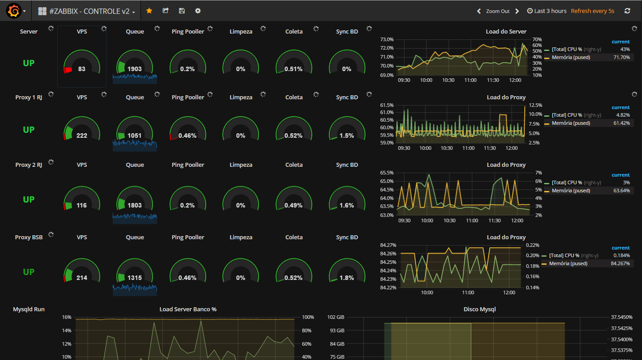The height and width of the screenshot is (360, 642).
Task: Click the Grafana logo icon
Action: [x=13, y=11]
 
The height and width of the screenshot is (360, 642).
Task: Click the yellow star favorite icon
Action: [x=149, y=11]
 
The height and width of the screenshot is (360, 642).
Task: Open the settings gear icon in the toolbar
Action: [x=198, y=11]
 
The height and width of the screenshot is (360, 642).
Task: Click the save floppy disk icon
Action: [x=182, y=11]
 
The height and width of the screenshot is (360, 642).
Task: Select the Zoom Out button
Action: [x=497, y=11]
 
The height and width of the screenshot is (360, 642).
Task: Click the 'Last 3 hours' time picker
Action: [x=547, y=11]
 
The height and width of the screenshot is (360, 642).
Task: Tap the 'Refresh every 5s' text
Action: [x=592, y=11]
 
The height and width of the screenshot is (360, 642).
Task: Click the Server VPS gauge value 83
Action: [x=82, y=69]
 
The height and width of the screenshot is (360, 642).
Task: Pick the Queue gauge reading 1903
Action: [x=134, y=69]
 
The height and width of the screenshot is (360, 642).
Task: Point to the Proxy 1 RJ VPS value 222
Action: [x=82, y=136]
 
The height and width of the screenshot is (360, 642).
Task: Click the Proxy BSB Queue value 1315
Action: [x=134, y=278]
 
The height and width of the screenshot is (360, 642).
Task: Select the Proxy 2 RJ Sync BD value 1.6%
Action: [x=347, y=205]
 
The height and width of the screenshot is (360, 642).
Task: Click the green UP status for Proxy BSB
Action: [x=29, y=272]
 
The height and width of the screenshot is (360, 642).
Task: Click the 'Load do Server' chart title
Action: [x=506, y=31]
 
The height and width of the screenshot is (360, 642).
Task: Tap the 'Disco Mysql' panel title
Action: [x=480, y=309]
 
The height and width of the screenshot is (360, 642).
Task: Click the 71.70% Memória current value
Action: [x=621, y=57]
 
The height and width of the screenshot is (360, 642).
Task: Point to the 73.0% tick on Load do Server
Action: [x=387, y=39]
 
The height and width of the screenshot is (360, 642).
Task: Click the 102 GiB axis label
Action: [x=336, y=317]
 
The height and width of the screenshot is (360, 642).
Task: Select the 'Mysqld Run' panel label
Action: [x=29, y=309]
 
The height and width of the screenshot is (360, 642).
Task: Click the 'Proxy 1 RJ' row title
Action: [x=29, y=97]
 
